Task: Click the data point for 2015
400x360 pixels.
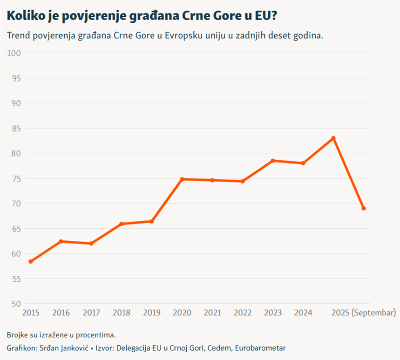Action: tap(31, 262)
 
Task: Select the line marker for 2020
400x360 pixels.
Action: tap(182, 179)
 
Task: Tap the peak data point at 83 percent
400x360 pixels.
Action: tap(333, 138)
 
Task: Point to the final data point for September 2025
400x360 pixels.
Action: tap(364, 208)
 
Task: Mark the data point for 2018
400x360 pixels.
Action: tap(122, 224)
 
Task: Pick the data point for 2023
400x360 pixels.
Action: tap(273, 161)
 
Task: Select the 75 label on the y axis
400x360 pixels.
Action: tap(16, 178)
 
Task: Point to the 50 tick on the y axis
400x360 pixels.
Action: tap(16, 304)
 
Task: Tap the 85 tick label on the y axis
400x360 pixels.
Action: tap(16, 128)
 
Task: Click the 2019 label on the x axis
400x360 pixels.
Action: tap(152, 313)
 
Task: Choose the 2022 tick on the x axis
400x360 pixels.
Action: tap(243, 313)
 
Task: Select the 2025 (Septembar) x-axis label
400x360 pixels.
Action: tap(363, 312)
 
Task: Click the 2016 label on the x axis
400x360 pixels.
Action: tap(61, 313)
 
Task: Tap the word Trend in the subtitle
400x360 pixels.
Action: tap(18, 36)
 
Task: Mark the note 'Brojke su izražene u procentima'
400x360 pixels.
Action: tap(61, 335)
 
